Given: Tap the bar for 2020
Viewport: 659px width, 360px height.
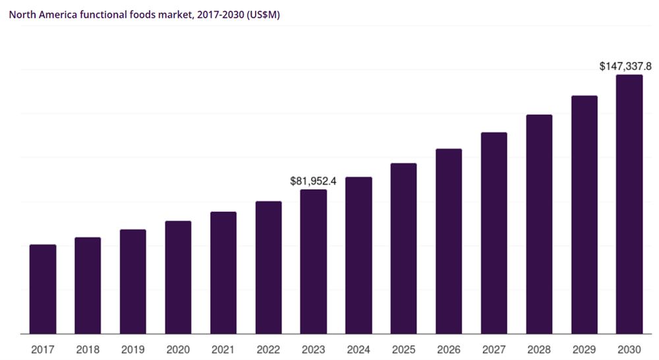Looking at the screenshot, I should pos(178,277).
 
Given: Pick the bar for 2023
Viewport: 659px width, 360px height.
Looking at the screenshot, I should pos(313,261).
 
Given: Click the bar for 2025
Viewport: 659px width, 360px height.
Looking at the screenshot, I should pos(403,248).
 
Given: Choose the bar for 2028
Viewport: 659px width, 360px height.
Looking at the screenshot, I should pos(539,224).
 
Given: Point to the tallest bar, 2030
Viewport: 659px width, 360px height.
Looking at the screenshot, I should pos(629,204).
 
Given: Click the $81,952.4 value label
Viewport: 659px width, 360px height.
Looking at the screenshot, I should pos(313,181).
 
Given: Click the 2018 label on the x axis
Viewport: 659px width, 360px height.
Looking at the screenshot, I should pos(88,350).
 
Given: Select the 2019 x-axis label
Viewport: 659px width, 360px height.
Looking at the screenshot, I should pos(133,350).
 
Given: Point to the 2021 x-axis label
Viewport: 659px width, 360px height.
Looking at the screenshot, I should pos(223,350).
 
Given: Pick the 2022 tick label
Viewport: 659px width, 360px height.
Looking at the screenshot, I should pos(268,350).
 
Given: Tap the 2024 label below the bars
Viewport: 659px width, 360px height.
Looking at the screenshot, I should pos(358,350).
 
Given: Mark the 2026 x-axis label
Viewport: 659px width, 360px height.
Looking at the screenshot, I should pos(449,350).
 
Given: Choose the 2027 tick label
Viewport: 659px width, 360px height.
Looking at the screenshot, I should pos(494,350).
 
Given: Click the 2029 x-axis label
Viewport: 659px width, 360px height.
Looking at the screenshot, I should pos(584,350).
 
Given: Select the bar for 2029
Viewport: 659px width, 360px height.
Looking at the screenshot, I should pos(584,214).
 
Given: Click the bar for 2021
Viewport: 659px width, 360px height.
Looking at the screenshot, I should pos(223,272).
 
